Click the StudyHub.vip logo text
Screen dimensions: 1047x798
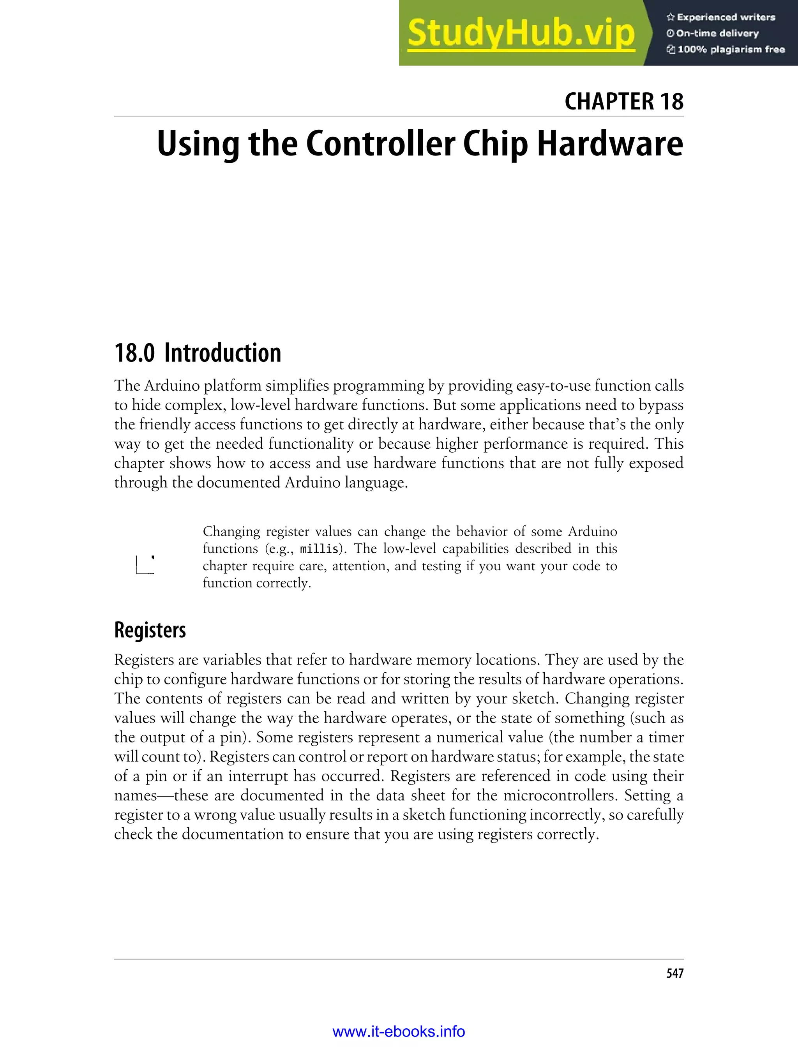coord(521,33)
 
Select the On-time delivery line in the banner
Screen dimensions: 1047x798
coord(717,33)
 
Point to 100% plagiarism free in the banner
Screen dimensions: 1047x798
coord(731,49)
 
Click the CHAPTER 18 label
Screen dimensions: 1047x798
coord(624,101)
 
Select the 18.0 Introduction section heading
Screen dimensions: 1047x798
coord(198,353)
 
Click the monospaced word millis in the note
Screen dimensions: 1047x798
coord(319,549)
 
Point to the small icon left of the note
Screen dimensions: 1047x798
coord(145,564)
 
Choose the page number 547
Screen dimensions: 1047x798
coord(674,973)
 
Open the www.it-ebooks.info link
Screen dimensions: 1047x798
coord(399,1031)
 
